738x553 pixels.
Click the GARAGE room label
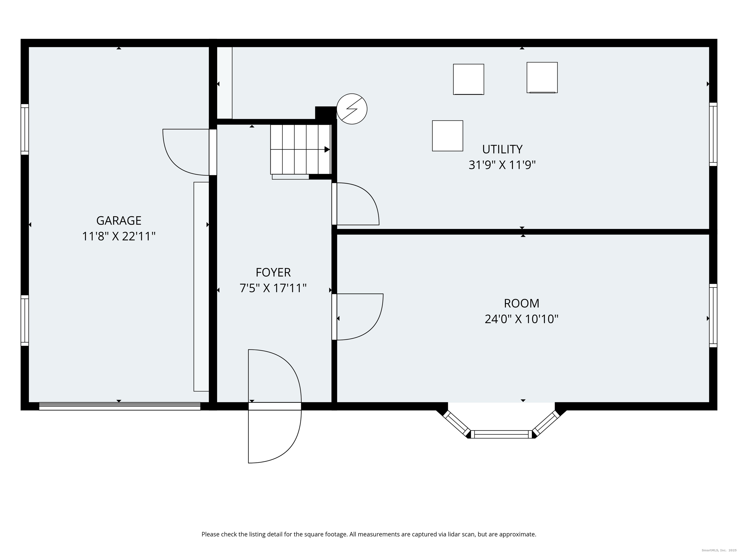coord(119,221)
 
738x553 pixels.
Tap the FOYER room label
coord(273,273)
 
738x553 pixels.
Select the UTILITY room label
coord(502,149)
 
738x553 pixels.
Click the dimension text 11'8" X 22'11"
coord(119,237)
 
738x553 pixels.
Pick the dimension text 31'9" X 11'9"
coord(502,165)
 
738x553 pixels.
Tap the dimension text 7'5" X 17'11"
coord(273,288)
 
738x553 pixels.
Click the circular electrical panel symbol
coord(352,109)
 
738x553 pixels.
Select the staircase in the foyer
coord(300,149)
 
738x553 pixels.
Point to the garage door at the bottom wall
coord(120,406)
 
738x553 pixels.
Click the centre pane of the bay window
coord(501,434)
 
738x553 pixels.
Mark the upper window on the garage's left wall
coord(25,129)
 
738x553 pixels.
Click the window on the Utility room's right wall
coord(713,134)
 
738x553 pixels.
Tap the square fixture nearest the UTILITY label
coord(447,136)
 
